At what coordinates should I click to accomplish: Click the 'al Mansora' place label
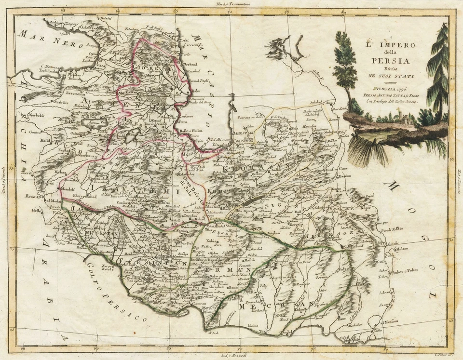coord(392,321)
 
